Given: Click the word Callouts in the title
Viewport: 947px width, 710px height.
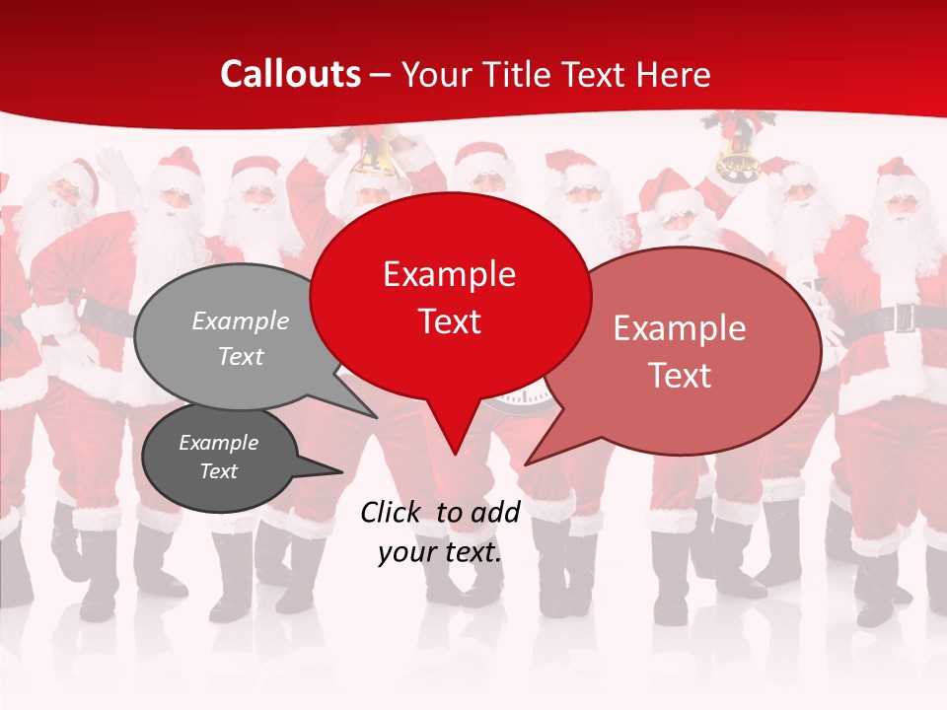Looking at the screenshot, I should (x=290, y=74).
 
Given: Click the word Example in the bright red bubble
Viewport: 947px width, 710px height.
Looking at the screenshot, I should (x=450, y=274).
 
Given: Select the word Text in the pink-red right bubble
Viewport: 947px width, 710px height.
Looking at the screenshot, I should (x=681, y=376).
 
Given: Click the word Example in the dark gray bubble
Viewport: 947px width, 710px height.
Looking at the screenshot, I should (x=218, y=443).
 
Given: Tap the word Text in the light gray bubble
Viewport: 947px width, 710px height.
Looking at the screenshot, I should (x=241, y=357).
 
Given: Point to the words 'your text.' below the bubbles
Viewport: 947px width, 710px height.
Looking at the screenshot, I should (x=440, y=552).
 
